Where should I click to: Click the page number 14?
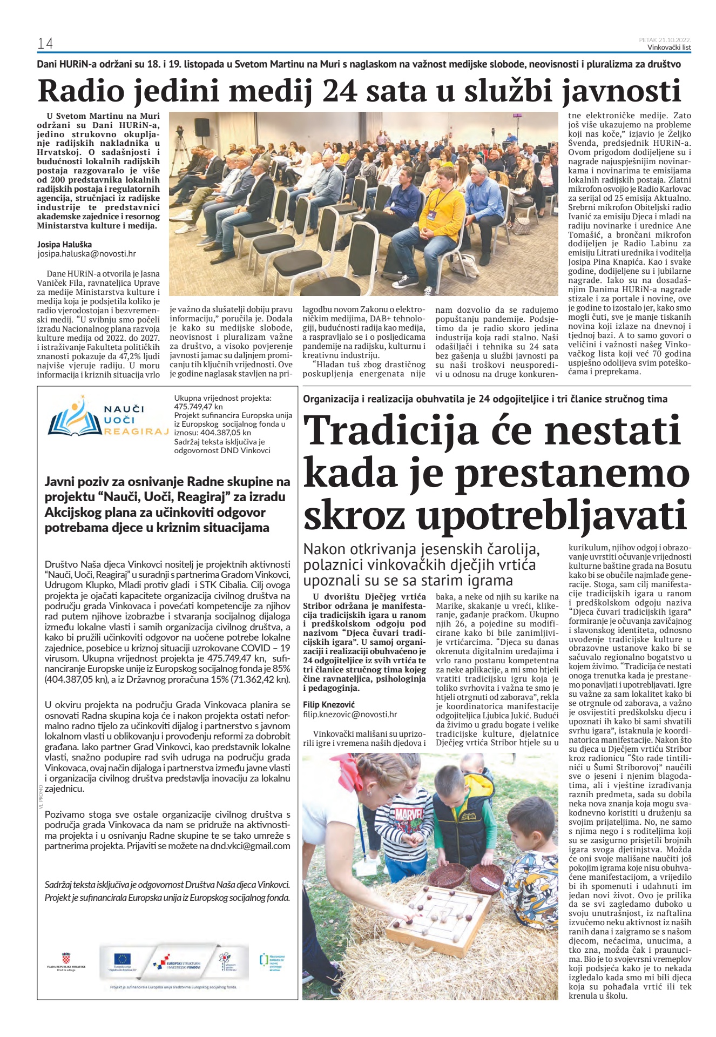coord(45,43)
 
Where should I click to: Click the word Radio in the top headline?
coord(80,91)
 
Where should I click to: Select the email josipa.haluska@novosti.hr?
coord(86,253)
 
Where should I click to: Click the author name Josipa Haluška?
coord(64,244)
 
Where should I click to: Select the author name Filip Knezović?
coord(328,704)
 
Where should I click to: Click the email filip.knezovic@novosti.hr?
coord(350,714)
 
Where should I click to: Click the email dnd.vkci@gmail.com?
coord(250,846)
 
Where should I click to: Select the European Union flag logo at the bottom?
coord(122,958)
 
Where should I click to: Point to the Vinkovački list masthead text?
coord(669,48)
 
